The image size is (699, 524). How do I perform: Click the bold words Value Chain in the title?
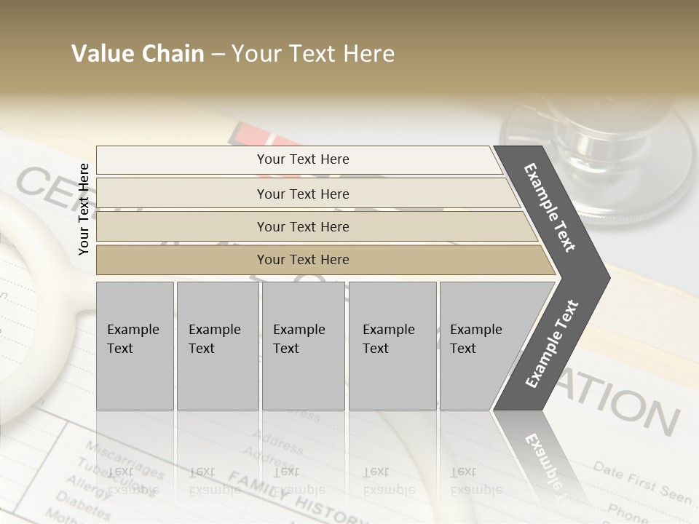(x=138, y=54)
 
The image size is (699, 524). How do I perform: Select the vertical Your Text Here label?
(x=84, y=209)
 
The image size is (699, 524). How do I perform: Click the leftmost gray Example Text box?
(x=135, y=346)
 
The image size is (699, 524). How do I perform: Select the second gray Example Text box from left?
(x=218, y=346)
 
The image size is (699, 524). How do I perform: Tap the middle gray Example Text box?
(x=303, y=346)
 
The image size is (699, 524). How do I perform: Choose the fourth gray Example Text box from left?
(x=392, y=346)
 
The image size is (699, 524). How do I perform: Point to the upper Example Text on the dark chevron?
(x=550, y=207)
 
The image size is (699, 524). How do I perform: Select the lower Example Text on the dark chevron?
(x=552, y=344)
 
